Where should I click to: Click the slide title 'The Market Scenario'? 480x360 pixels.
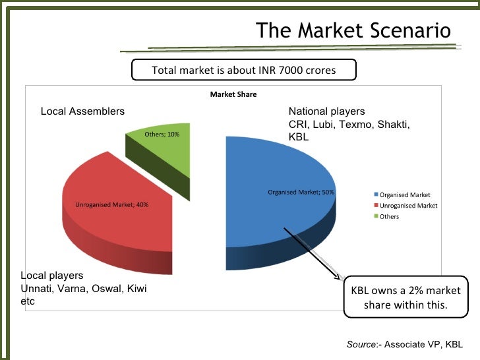[353, 30]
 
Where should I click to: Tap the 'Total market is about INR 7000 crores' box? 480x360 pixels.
[244, 70]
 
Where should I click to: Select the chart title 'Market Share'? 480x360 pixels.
[233, 94]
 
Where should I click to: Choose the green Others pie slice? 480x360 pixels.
[165, 148]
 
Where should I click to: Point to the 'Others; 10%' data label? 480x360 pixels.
[162, 135]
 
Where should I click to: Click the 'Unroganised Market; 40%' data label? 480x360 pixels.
[111, 204]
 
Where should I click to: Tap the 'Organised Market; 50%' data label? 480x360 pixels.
[301, 193]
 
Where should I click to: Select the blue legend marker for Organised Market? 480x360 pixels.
[376, 195]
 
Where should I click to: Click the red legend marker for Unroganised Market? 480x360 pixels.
[376, 206]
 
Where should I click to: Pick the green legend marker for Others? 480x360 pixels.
[376, 216]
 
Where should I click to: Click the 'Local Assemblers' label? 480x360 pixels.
[82, 111]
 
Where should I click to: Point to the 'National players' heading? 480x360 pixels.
[326, 111]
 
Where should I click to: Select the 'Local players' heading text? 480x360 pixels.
[52, 276]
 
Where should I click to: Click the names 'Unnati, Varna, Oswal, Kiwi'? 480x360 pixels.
[83, 289]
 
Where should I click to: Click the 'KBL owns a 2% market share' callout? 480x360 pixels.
[405, 298]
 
